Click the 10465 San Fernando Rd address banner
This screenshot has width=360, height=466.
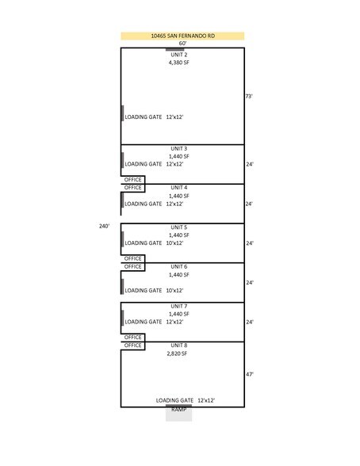[182, 36]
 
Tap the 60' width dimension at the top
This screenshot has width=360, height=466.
[182, 44]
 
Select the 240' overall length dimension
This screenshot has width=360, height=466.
[104, 226]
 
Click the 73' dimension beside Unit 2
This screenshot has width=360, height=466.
[249, 97]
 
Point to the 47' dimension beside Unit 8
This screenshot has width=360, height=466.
[250, 374]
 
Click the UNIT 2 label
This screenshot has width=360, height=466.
[179, 55]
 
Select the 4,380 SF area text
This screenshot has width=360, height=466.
[179, 63]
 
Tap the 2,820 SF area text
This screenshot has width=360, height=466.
[177, 353]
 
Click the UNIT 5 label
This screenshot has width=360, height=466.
[179, 227]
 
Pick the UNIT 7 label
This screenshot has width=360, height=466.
[179, 306]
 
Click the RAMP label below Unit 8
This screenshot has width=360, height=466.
[179, 410]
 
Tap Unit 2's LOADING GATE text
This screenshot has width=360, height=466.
[144, 117]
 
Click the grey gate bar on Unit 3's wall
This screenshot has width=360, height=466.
[122, 160]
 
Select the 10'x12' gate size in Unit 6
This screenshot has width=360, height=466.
[174, 290]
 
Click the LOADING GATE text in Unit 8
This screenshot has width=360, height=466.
[174, 401]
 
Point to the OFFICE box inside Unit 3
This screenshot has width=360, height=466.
[133, 180]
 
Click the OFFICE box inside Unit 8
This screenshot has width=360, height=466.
[133, 346]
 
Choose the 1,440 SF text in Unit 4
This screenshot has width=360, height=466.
[179, 197]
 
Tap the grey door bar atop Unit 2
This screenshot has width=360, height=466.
[174, 50]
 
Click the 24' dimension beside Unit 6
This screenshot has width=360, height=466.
[250, 283]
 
